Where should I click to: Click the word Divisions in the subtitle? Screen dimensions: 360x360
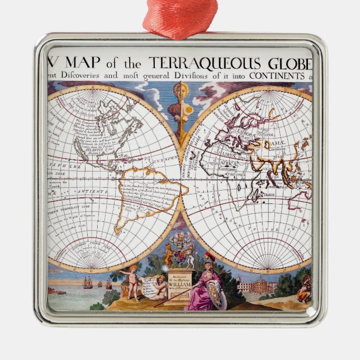coord(194,75)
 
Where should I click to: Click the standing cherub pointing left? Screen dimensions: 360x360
coord(133,282)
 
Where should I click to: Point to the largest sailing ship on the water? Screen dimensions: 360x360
coord(88,283)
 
